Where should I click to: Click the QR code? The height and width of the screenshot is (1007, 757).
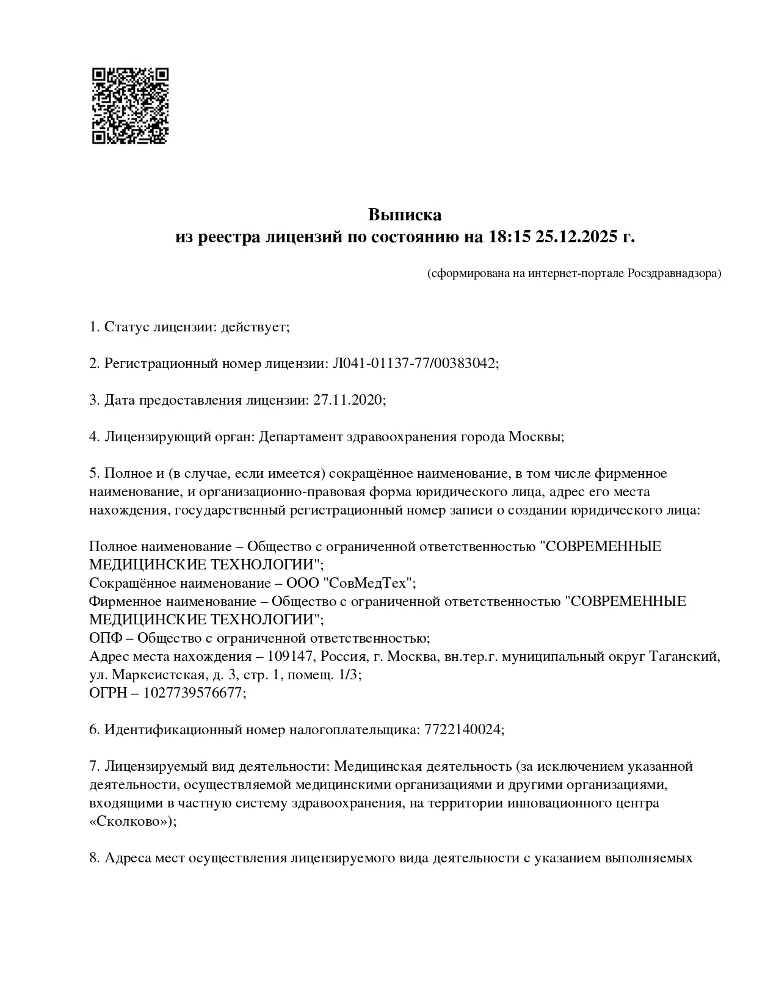click(130, 106)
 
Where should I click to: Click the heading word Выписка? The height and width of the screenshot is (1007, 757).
click(404, 215)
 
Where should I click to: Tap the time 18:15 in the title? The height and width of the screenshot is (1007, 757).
click(509, 237)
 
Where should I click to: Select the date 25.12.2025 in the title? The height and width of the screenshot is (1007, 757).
click(577, 237)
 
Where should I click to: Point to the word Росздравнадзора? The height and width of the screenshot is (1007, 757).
click(674, 273)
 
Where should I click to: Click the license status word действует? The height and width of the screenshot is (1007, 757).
click(255, 327)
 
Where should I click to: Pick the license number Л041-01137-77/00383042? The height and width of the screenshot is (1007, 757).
click(415, 364)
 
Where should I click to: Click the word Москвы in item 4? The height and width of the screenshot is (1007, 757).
click(535, 437)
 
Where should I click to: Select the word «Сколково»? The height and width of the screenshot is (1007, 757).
click(131, 821)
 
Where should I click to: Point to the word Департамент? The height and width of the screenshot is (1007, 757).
click(301, 437)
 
